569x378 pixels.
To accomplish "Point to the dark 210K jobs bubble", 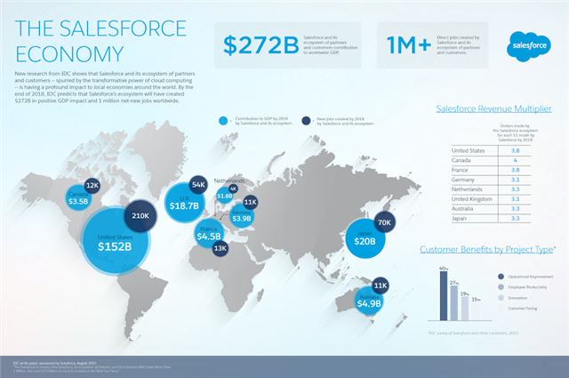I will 140,216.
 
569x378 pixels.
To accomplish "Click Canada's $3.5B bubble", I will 78,197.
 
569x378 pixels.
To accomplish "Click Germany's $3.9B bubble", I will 242,215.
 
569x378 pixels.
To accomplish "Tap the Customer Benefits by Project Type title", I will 489,251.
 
